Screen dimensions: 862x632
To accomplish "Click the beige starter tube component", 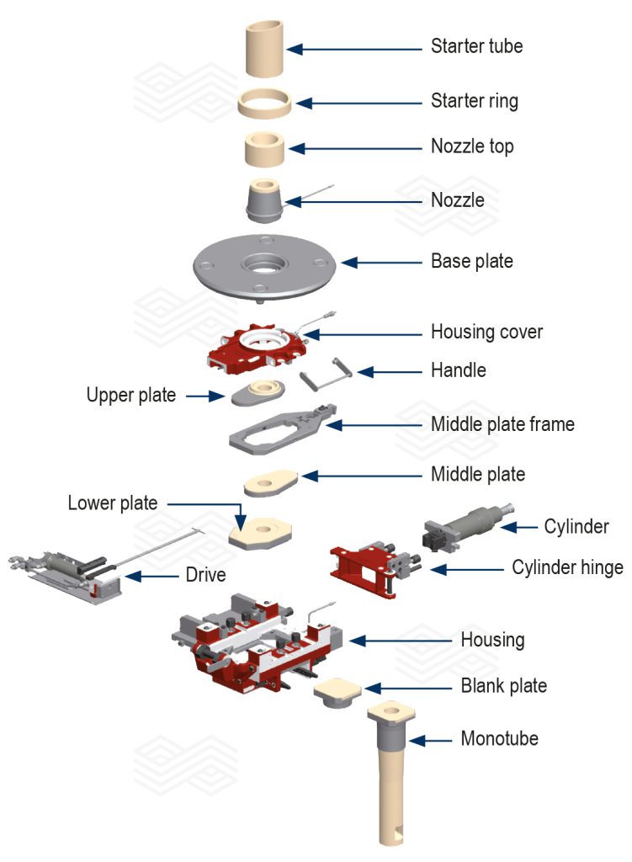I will tap(263, 50).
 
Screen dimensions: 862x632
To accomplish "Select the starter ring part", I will tap(263, 103).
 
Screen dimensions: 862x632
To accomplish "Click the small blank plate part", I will tap(337, 694).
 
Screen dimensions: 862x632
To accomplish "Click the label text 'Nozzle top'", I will tap(472, 146).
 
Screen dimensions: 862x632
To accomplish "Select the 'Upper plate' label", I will tap(131, 395).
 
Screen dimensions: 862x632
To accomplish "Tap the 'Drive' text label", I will tap(205, 576).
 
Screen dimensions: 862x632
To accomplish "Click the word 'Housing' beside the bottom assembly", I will tap(492, 640).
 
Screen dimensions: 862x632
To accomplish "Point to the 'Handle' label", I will tap(458, 370).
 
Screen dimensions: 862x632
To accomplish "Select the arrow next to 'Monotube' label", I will tap(433, 740).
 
